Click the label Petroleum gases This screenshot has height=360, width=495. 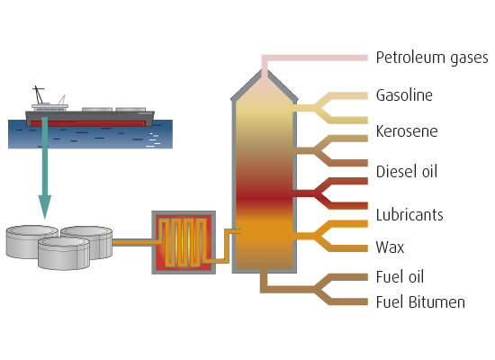pyautogui.click(x=430, y=58)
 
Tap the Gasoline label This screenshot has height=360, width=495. pyautogui.click(x=404, y=95)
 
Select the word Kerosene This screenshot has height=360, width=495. pyautogui.click(x=406, y=131)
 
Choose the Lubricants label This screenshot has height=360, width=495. pyautogui.click(x=409, y=216)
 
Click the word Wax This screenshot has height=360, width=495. pyautogui.click(x=389, y=246)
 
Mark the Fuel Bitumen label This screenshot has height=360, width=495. pyautogui.click(x=419, y=302)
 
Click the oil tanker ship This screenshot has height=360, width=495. pyautogui.click(x=90, y=117)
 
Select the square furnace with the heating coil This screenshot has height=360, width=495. pyautogui.click(x=184, y=241)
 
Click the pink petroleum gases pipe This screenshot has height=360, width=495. pyautogui.click(x=315, y=58)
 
